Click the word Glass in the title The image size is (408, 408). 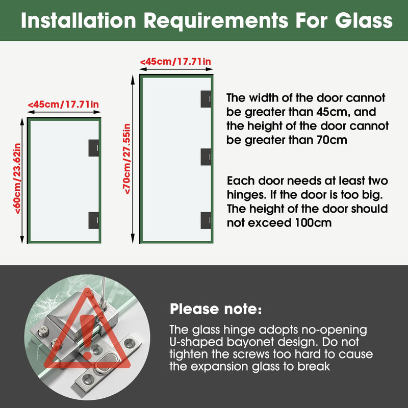(x=364, y=20)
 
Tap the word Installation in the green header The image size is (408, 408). (x=79, y=20)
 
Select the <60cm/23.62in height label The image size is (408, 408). (x=17, y=178)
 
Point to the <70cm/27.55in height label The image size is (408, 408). (x=127, y=159)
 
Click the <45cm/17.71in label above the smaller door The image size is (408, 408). (x=63, y=105)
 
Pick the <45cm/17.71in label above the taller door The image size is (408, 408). (x=175, y=62)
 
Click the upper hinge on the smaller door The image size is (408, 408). (x=94, y=148)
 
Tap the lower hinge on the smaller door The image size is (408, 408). (x=94, y=220)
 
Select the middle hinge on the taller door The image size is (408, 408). (x=206, y=157)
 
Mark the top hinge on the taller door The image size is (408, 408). (x=206, y=99)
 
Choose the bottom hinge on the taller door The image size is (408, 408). (x=206, y=220)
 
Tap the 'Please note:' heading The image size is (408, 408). (x=216, y=309)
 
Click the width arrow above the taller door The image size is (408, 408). (x=176, y=69)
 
